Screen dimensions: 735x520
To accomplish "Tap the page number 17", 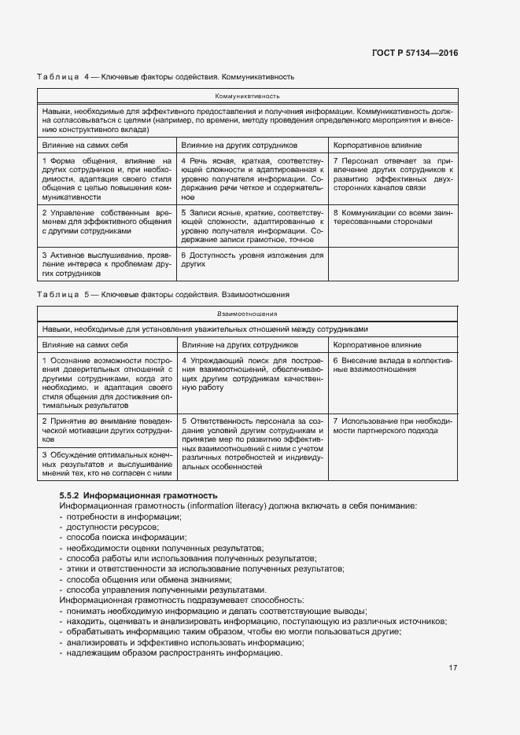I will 453,668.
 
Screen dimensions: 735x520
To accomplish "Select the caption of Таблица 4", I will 166,77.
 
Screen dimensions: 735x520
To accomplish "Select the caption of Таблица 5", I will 164,294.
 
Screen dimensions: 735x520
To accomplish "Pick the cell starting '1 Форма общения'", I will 105,178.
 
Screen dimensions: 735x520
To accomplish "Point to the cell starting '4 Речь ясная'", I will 253,178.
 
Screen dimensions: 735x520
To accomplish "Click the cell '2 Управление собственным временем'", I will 105,222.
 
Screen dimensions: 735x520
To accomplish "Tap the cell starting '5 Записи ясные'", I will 253,226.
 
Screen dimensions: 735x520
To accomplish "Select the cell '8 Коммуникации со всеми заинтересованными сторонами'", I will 393,217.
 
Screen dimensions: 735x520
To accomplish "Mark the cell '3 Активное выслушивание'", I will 105,265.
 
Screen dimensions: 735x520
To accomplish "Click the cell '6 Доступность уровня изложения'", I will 253,260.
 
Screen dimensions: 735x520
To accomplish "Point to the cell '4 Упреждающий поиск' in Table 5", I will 253,374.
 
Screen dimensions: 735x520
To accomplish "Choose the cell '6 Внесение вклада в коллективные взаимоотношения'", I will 393,365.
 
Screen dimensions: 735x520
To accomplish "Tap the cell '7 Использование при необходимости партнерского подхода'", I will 393,426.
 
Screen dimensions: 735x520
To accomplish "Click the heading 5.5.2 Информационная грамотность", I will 138,496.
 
